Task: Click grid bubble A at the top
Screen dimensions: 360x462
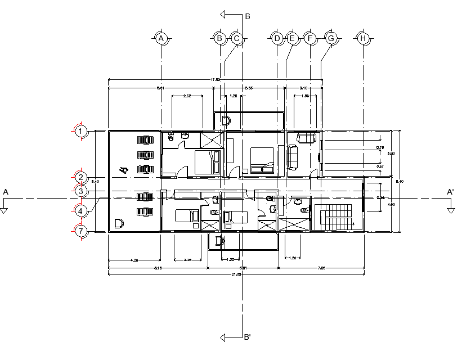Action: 162,38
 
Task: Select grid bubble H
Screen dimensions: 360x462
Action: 364,38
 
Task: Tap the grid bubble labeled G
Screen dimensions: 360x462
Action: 331,38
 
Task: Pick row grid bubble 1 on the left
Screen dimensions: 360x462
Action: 81,132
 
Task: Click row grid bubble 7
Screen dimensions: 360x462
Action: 81,231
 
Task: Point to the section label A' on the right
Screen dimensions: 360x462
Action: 450,192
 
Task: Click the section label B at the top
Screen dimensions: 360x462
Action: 247,17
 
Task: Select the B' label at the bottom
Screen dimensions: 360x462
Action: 247,337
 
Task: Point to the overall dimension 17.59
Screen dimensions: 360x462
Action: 215,80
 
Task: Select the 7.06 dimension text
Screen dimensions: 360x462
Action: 321,268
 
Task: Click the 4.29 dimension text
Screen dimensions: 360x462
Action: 134,260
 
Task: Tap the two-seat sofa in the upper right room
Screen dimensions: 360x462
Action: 306,137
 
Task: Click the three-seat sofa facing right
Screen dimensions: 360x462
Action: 293,157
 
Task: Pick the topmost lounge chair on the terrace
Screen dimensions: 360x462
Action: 145,139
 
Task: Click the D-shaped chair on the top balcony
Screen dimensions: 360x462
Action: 226,120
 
